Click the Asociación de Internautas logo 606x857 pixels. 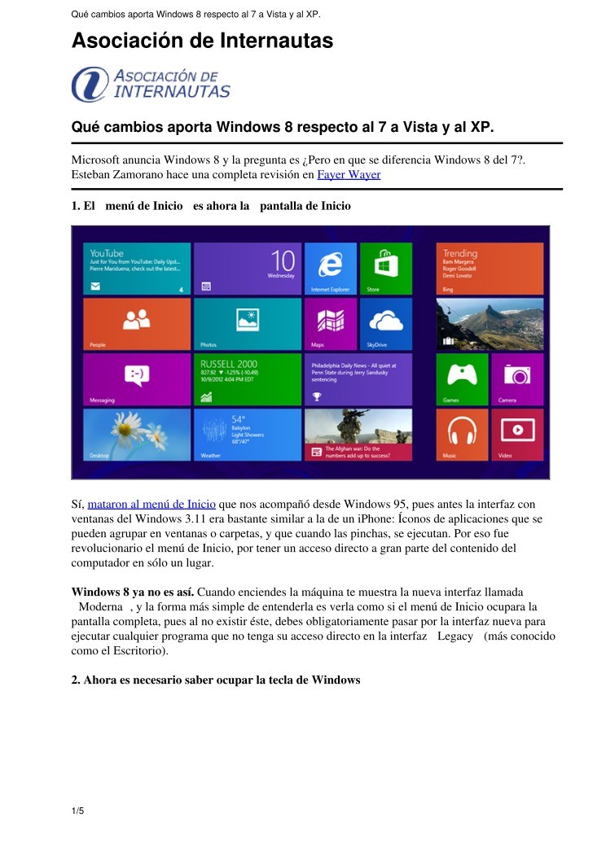pos(151,84)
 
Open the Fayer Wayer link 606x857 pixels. pos(349,174)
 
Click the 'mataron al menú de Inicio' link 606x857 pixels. pos(151,505)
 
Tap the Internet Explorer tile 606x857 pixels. pos(330,268)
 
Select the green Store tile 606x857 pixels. pos(385,268)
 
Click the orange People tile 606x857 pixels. pos(137,323)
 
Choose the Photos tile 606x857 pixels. pos(247,323)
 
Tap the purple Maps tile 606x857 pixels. pos(330,323)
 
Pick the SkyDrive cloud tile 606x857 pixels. pos(385,323)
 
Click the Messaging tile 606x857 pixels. pos(137,378)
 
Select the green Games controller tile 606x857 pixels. pos(462,378)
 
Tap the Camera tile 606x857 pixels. pos(516,378)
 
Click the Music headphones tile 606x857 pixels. pos(462,434)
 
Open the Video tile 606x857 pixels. pos(516,434)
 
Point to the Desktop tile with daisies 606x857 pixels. pos(137,434)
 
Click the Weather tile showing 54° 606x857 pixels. pos(247,434)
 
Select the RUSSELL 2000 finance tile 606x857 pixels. pos(247,378)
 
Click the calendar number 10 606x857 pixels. pos(282,262)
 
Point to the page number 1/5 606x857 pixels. pos(78,811)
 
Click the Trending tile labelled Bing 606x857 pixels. pos(490,268)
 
